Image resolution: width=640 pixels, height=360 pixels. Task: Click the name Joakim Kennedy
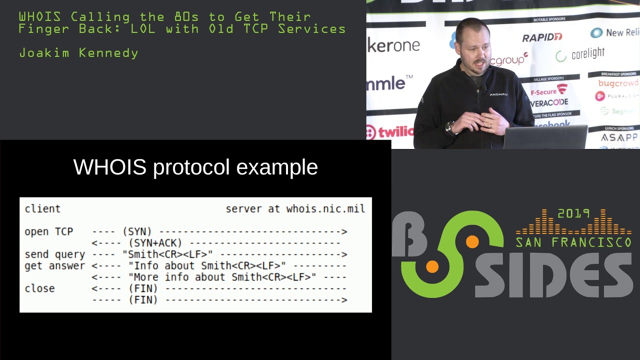click(78, 53)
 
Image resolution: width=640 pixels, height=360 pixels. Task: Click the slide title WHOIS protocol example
click(195, 167)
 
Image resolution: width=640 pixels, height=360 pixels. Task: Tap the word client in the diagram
click(42, 209)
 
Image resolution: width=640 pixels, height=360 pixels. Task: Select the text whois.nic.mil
click(325, 209)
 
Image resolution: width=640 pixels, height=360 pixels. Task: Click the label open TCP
click(48, 232)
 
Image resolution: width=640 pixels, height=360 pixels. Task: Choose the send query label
click(54, 254)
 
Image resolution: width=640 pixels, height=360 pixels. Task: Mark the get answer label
click(54, 266)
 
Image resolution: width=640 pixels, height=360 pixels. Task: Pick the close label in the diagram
click(39, 288)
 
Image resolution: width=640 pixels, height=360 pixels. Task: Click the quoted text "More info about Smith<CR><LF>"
click(222, 277)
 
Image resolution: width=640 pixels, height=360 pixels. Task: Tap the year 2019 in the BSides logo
click(573, 214)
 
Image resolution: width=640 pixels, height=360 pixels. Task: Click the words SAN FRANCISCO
click(573, 243)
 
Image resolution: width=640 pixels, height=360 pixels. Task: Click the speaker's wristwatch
click(450, 128)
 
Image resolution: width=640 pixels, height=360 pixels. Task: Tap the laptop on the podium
click(545, 137)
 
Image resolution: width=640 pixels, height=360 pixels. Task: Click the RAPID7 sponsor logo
click(542, 37)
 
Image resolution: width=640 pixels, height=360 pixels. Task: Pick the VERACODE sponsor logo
click(549, 102)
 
